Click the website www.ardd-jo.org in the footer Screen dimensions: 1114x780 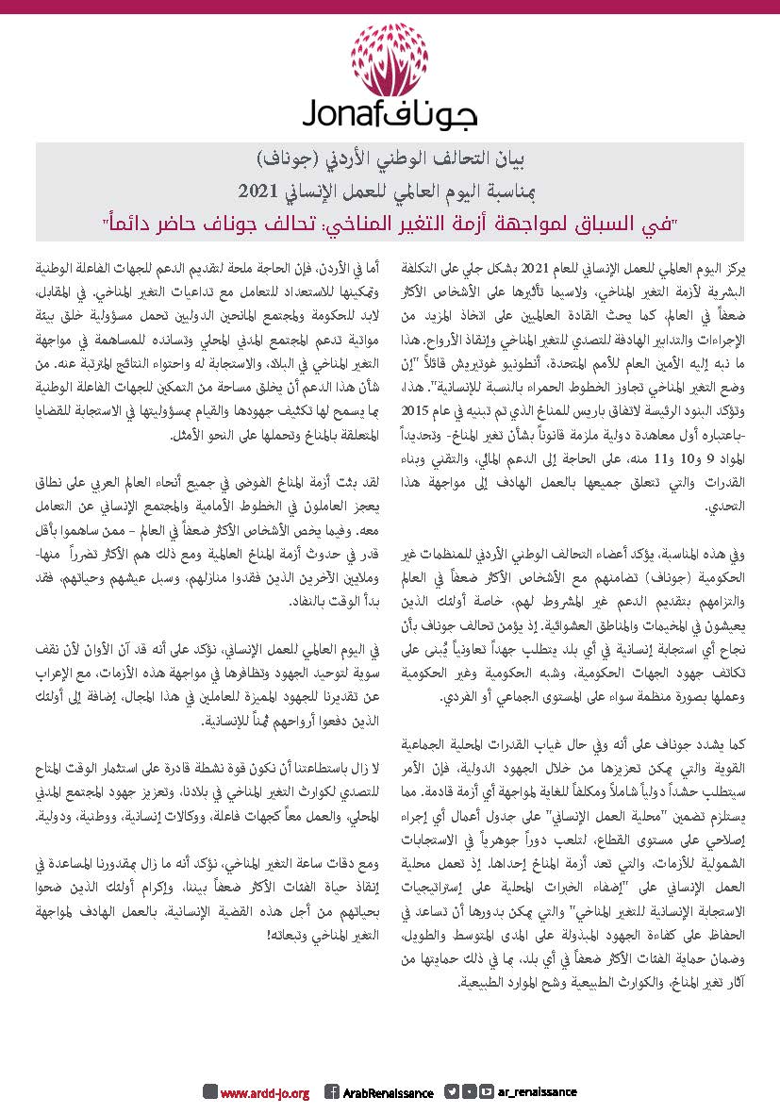coord(265,1092)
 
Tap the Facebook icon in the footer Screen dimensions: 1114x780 coord(332,1091)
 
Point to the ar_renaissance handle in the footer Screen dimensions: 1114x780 coord(536,1091)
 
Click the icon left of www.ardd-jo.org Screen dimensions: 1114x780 coord(210,1091)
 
